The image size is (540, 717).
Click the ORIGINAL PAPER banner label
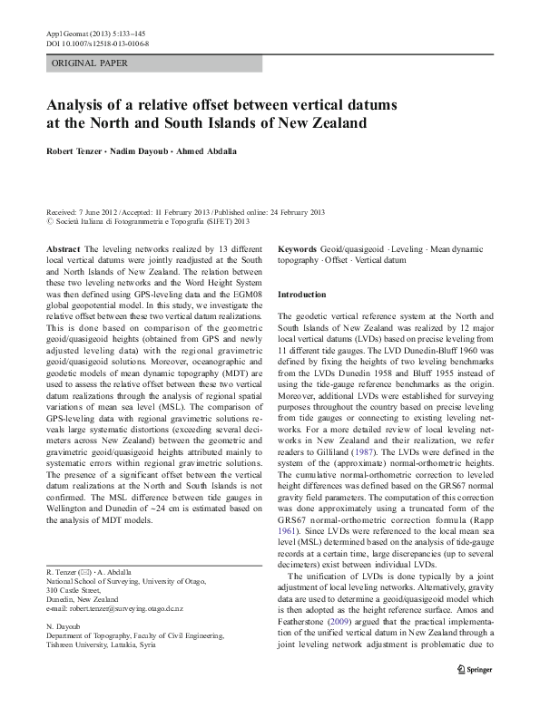[90, 63]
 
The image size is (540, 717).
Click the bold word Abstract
[63, 248]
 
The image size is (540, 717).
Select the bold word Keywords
[298, 248]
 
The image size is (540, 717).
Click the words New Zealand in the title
[315, 122]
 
